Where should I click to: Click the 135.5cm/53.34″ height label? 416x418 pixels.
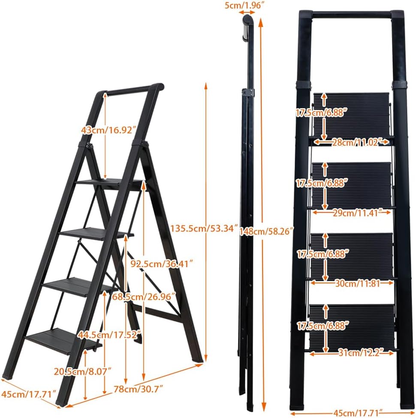coord(204,229)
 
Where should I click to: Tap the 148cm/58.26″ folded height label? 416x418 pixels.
coord(266,231)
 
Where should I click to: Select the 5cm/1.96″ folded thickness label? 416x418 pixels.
coord(242,5)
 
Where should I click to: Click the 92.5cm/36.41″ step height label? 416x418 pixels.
coord(161,264)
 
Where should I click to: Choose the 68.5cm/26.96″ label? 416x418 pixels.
coord(144,296)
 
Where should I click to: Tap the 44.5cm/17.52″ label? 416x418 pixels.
coord(109,334)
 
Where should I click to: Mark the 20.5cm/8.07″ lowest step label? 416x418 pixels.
coord(82,371)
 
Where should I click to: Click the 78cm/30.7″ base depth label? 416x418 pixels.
coord(138,389)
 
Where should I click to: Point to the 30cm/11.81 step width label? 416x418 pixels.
coord(357,283)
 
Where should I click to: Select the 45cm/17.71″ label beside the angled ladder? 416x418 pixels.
coord(29,394)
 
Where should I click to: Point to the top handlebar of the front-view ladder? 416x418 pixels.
coord(352,15)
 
